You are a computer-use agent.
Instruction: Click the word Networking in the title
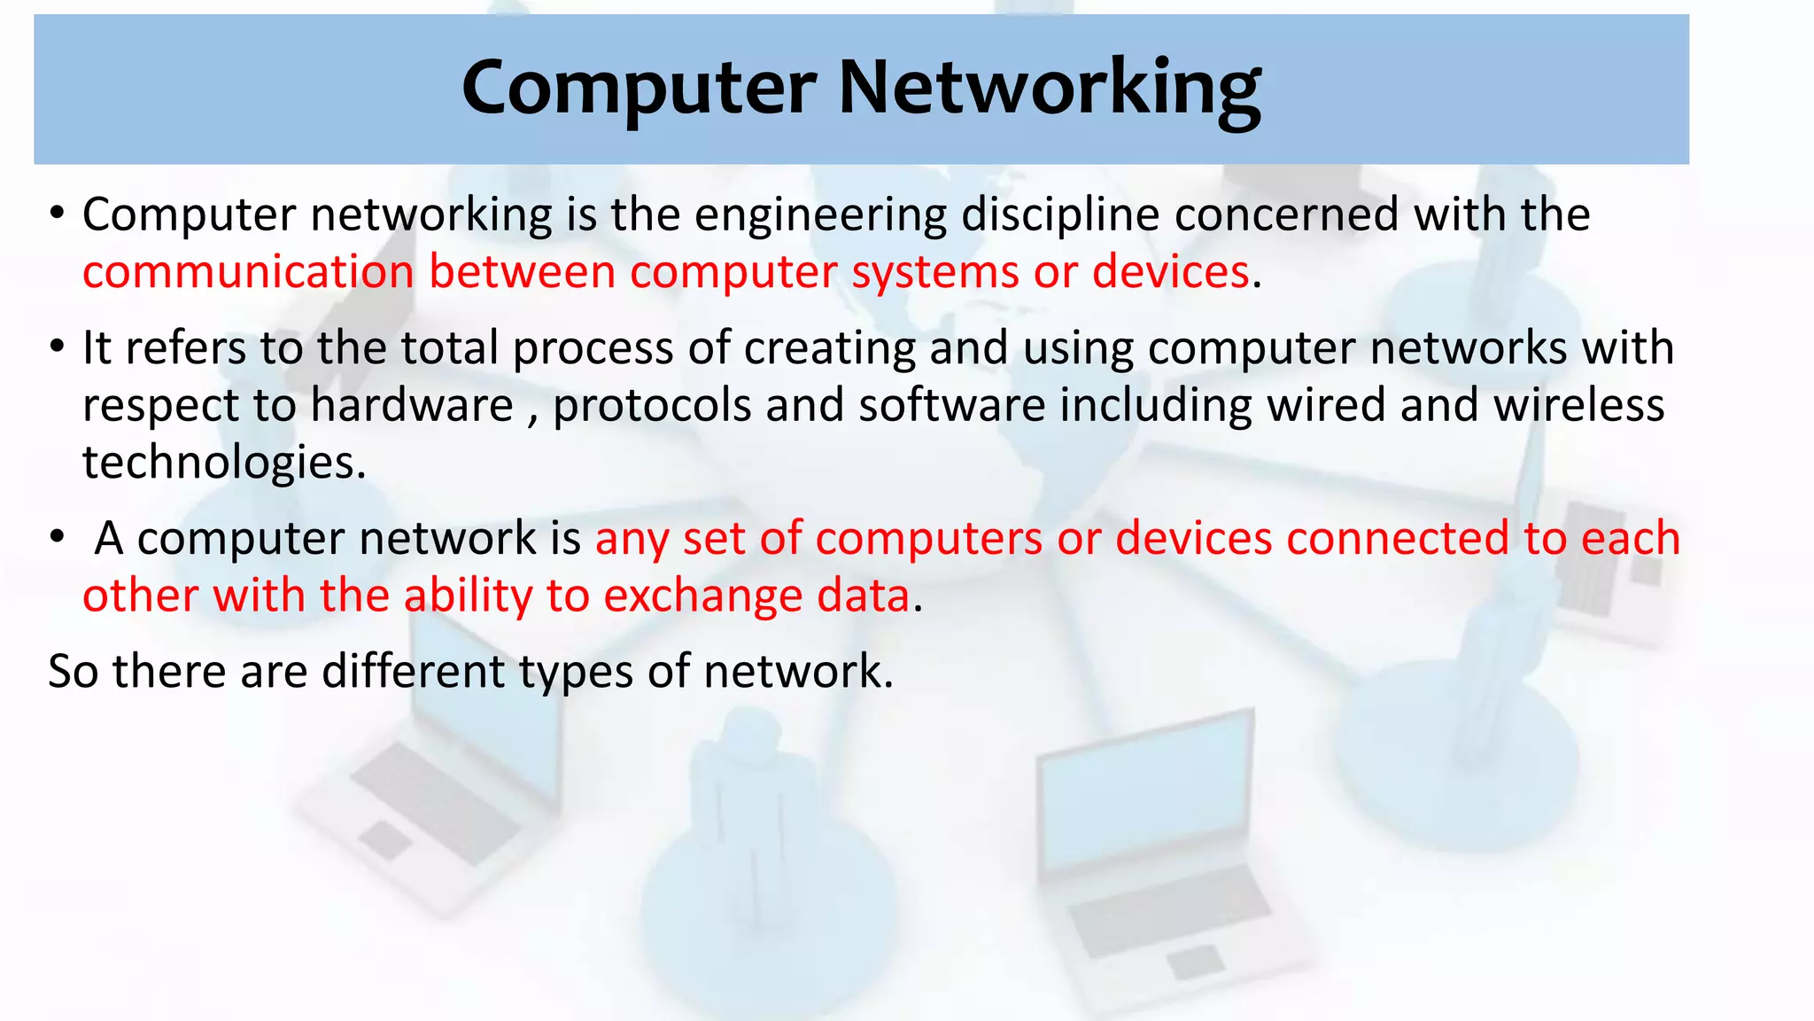click(x=1049, y=90)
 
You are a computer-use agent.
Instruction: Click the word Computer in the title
click(x=639, y=90)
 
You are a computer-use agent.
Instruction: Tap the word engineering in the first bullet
click(x=820, y=215)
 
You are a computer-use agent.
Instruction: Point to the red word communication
click(x=248, y=272)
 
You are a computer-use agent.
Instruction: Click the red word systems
click(x=934, y=272)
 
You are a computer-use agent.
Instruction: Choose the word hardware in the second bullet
click(x=412, y=406)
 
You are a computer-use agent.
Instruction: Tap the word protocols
click(x=651, y=406)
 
